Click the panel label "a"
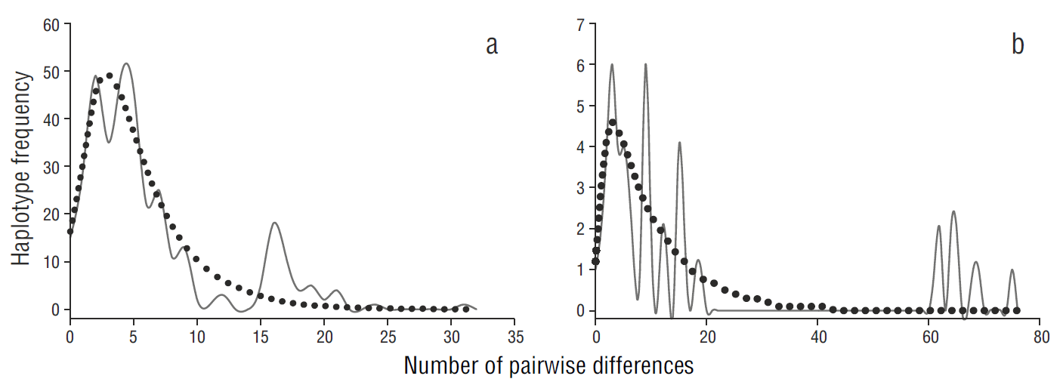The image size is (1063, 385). [x=492, y=46]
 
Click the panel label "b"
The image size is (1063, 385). [x=1018, y=46]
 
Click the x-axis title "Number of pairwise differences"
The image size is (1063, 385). [x=548, y=366]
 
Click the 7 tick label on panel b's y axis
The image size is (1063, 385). [x=579, y=23]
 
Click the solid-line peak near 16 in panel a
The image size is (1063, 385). [x=274, y=223]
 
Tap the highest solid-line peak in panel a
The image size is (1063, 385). [x=125, y=63]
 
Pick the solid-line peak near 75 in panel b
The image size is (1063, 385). [x=1012, y=269]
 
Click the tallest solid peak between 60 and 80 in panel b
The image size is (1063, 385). [x=953, y=211]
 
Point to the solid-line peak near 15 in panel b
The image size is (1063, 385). [x=679, y=143]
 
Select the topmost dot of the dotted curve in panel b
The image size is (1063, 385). [x=612, y=122]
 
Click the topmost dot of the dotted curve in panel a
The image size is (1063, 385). [x=110, y=75]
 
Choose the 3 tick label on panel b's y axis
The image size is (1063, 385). [x=579, y=187]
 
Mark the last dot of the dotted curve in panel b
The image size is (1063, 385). [x=1016, y=310]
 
